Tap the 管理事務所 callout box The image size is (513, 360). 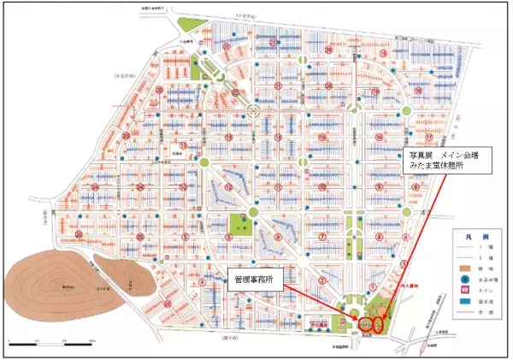(x=256, y=279)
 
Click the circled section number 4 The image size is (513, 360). (x=201, y=280)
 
